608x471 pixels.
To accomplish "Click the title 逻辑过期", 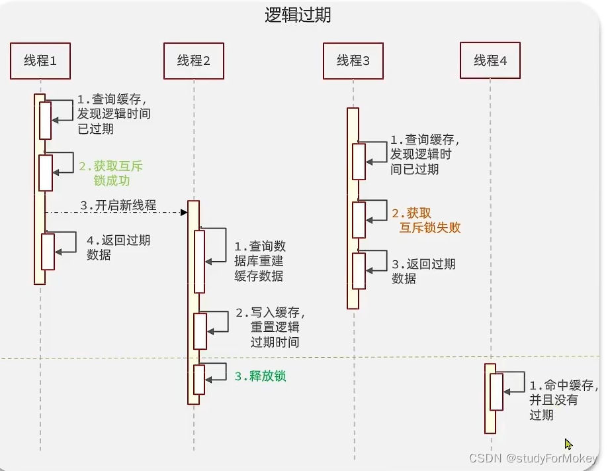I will tap(298, 15).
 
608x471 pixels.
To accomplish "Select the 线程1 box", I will tap(40, 61).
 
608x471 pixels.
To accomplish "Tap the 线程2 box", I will tap(194, 61).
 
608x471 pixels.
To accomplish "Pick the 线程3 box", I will tap(353, 61).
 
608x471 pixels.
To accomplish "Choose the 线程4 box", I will tap(490, 61).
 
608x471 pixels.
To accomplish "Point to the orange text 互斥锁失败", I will tap(430, 228).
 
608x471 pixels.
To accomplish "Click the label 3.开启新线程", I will tap(118, 205).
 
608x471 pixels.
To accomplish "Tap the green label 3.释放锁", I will tap(260, 376).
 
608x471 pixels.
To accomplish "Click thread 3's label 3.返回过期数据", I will tap(423, 271).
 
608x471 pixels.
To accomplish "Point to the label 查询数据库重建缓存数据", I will tap(259, 261).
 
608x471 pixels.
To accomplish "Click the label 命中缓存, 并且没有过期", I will tap(562, 400).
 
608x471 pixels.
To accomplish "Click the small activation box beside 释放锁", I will tap(199, 380).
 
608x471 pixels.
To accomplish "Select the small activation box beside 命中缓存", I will tap(496, 392).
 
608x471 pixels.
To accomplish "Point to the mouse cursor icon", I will tap(568, 445).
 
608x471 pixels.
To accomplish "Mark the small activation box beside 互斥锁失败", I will tap(359, 220).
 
